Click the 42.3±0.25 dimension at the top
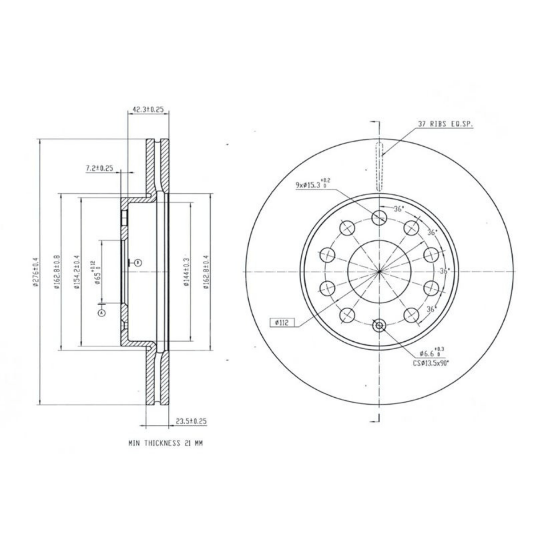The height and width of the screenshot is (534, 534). click(x=149, y=109)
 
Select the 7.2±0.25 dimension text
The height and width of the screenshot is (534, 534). click(x=100, y=168)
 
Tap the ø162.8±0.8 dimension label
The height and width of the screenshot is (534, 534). click(x=56, y=272)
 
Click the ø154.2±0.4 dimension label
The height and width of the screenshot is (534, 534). click(x=76, y=272)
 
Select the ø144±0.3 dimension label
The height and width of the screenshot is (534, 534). click(x=187, y=272)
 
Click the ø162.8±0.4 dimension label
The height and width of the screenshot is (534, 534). click(x=206, y=272)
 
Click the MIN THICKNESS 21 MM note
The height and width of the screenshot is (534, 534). click(x=165, y=443)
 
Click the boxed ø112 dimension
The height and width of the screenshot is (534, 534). click(x=282, y=323)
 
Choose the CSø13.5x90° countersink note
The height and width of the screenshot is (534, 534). click(x=431, y=362)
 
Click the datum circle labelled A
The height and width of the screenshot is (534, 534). click(x=102, y=313)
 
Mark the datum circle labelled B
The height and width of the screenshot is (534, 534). click(x=138, y=263)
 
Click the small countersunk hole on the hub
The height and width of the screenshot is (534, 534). click(x=379, y=326)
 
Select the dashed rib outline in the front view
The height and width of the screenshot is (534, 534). click(x=379, y=166)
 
